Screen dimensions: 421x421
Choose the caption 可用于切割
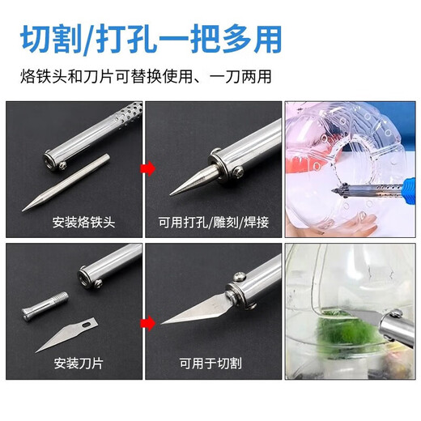click(213, 362)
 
